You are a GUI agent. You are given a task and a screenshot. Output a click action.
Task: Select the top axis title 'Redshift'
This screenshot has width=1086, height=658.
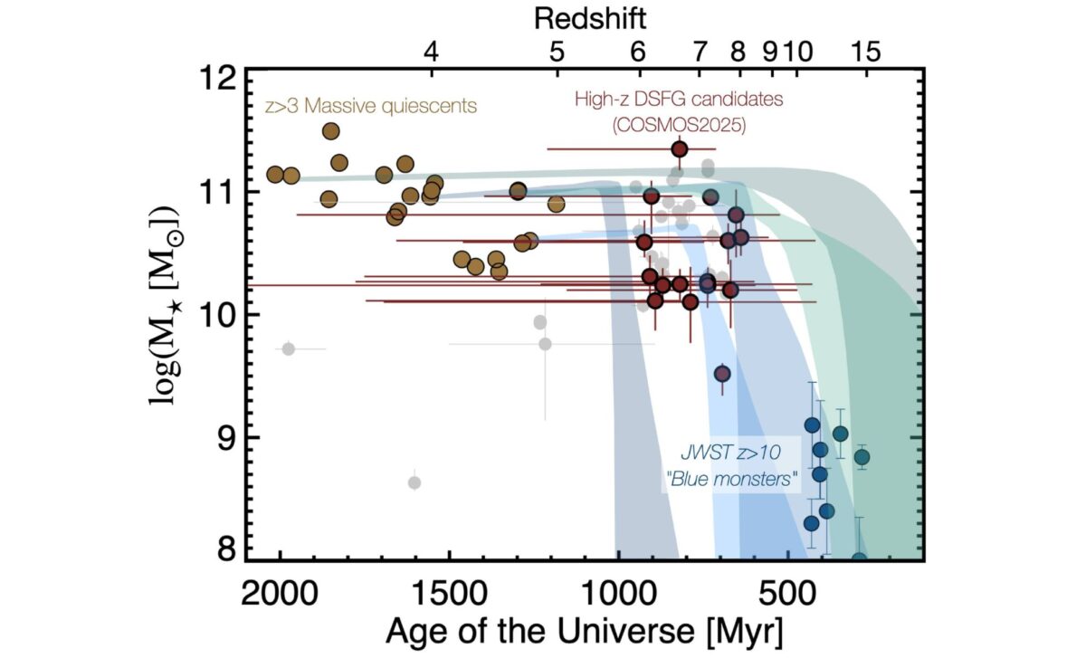589,17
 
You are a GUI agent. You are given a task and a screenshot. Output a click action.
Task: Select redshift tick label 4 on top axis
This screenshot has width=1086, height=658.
432,52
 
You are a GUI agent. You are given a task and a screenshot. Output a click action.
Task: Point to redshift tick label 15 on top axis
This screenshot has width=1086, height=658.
866,52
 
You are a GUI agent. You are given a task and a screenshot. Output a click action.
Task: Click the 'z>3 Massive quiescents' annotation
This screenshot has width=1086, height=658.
370,106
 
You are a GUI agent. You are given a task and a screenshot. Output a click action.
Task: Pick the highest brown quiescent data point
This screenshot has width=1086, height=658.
331,131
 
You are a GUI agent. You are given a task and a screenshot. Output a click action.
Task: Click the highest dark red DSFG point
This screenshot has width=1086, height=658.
680,148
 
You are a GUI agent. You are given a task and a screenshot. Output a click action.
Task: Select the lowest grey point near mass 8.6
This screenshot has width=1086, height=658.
414,482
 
